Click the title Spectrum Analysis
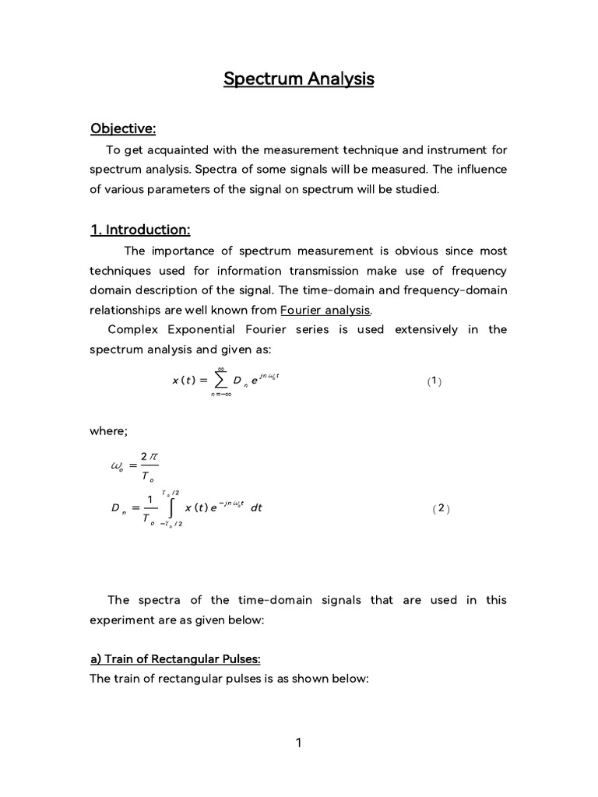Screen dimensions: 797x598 click(299, 79)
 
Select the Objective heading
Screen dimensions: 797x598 click(123, 128)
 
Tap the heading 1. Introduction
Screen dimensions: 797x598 click(140, 230)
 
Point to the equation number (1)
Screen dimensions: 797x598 click(434, 381)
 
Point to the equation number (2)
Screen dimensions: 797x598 click(441, 508)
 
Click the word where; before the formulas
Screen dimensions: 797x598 click(109, 430)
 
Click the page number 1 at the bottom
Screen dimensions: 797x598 click(298, 743)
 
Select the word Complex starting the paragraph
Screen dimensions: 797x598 click(134, 329)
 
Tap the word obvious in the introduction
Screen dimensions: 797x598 click(384, 251)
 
